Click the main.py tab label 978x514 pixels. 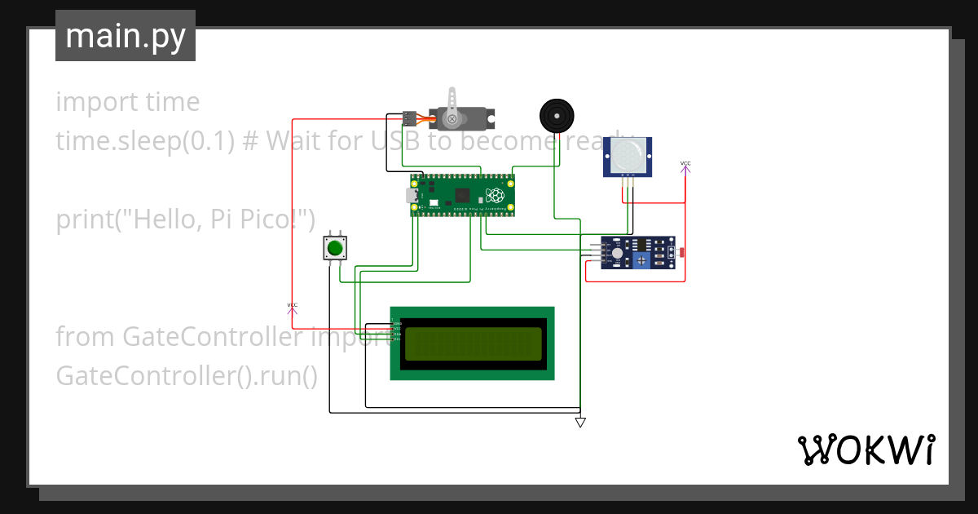tap(125, 36)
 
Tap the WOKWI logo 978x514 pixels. tap(866, 450)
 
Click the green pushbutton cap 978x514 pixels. tap(334, 248)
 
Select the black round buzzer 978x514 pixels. tap(557, 116)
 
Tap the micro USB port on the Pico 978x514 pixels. tap(412, 196)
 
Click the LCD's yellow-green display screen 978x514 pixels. tap(473, 343)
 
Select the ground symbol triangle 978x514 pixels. tap(580, 423)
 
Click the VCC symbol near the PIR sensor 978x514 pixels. tap(685, 165)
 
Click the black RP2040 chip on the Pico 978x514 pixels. tap(463, 196)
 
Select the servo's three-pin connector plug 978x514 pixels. tap(410, 118)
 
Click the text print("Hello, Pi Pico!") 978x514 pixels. tap(185, 219)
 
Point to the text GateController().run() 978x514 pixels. tap(187, 376)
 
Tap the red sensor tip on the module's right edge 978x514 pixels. tap(681, 253)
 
